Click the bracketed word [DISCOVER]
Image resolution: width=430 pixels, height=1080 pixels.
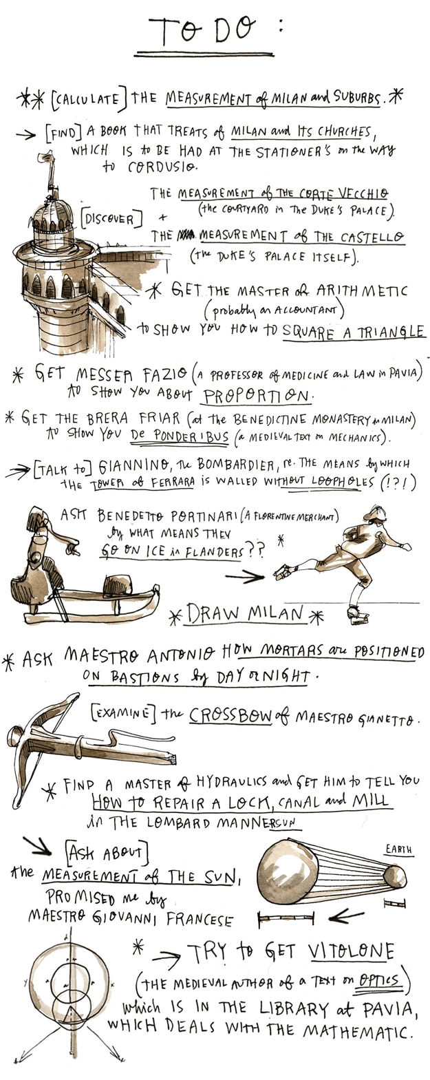click(x=111, y=219)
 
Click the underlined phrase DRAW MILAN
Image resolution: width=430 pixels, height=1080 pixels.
click(x=244, y=613)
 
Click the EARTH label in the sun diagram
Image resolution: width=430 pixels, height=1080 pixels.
click(x=398, y=849)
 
